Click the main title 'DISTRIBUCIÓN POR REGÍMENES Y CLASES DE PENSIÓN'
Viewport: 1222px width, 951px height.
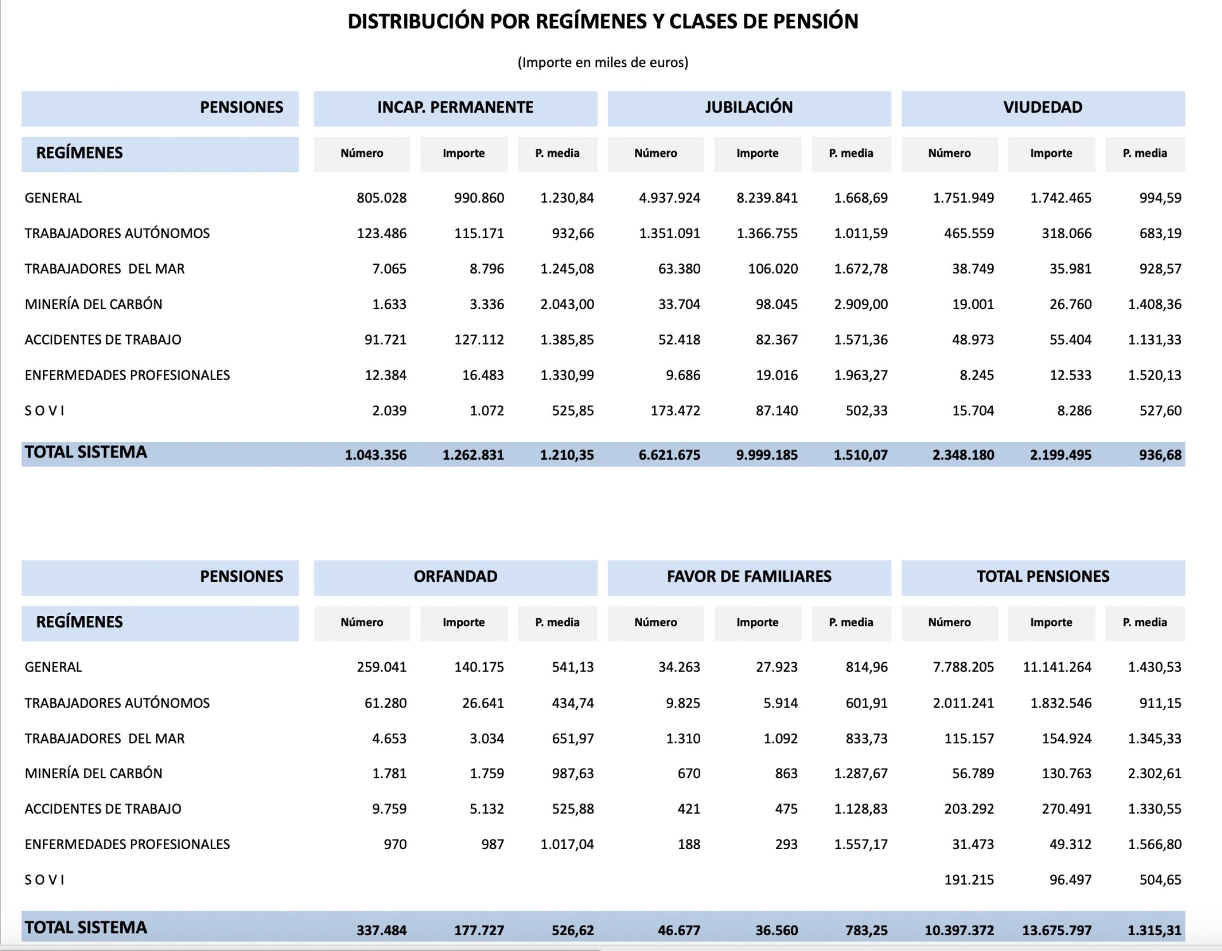click(603, 22)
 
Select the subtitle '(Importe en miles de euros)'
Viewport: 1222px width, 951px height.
click(603, 62)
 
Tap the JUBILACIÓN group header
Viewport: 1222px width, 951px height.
click(749, 107)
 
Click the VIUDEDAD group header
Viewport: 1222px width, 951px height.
click(1042, 107)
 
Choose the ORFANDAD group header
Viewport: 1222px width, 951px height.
click(455, 576)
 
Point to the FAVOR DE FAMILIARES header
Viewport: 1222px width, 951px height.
click(749, 576)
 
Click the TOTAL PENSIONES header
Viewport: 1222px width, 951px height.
click(1042, 576)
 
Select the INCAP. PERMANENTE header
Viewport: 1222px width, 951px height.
click(455, 107)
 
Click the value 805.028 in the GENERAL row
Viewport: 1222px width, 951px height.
click(382, 198)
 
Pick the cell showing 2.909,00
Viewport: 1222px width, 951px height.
click(860, 304)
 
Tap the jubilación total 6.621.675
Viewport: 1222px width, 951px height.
click(669, 455)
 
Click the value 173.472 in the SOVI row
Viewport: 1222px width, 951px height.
click(675, 411)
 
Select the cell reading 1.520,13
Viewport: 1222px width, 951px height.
click(1154, 376)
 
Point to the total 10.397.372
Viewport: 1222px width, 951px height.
click(959, 930)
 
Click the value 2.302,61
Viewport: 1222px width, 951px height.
click(1154, 773)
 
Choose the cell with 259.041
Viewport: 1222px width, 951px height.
click(382, 667)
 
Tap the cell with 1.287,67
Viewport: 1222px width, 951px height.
click(860, 773)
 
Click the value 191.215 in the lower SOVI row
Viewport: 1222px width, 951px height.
click(969, 880)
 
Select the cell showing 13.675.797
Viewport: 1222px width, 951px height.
click(1056, 930)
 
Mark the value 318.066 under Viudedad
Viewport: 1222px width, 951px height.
click(1066, 234)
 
